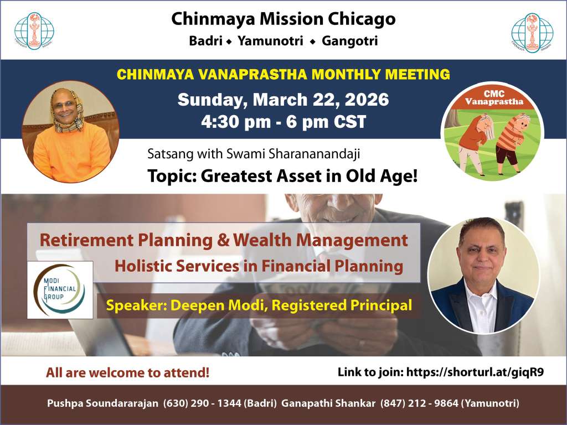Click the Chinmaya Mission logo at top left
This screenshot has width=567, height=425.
pyautogui.click(x=34, y=31)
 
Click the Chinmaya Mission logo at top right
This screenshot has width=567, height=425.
pyautogui.click(x=532, y=33)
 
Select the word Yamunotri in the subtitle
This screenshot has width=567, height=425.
pyautogui.click(x=270, y=41)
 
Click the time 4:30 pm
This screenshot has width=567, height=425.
pyautogui.click(x=236, y=122)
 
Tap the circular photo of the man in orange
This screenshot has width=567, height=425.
pyautogui.click(x=70, y=132)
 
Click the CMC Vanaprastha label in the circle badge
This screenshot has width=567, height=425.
pyautogui.click(x=494, y=97)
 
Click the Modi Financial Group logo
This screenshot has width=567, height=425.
pyautogui.click(x=60, y=290)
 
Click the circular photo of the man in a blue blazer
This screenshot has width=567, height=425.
pyautogui.click(x=483, y=276)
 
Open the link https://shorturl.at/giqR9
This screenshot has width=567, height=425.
pyautogui.click(x=475, y=372)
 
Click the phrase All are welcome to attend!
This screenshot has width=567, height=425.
pyautogui.click(x=128, y=372)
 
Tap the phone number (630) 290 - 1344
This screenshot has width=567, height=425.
pyautogui.click(x=202, y=403)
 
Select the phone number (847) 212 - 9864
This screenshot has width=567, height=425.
pyautogui.click(x=419, y=403)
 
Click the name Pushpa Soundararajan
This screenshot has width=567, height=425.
pyautogui.click(x=102, y=403)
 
